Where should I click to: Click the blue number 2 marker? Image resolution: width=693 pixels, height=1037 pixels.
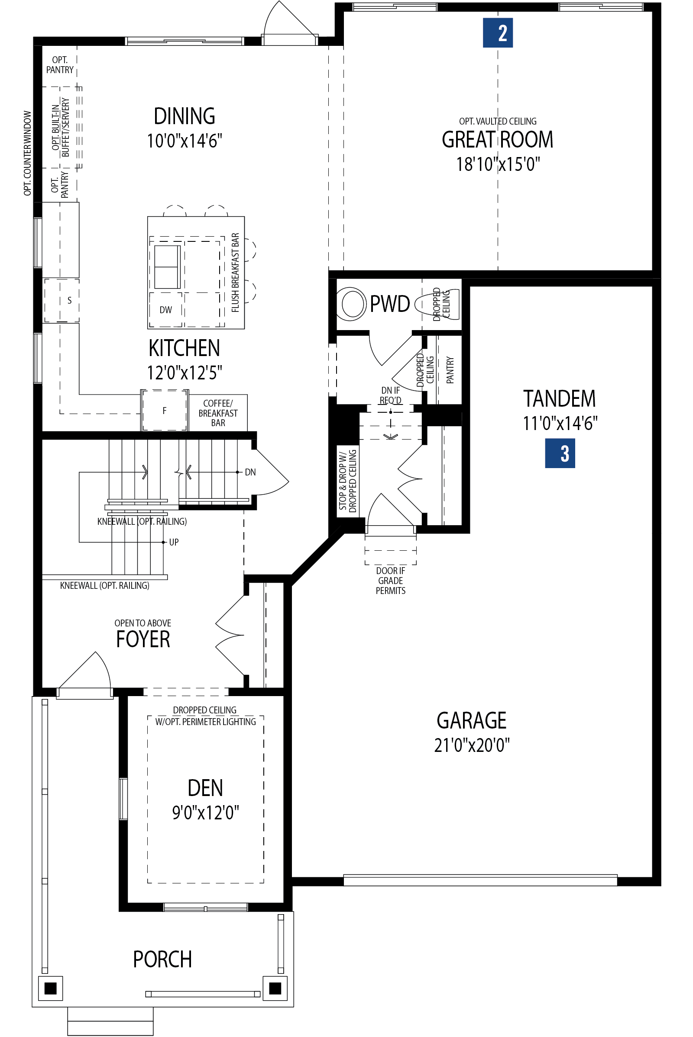click(x=498, y=33)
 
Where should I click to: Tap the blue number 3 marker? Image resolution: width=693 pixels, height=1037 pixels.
click(x=560, y=453)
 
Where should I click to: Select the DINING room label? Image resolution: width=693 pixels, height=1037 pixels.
click(x=185, y=116)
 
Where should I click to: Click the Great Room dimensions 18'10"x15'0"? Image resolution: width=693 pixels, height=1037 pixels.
click(x=498, y=164)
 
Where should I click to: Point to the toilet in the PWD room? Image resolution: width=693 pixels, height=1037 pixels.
click(x=352, y=303)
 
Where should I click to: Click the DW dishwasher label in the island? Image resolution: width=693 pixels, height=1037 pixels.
click(x=166, y=310)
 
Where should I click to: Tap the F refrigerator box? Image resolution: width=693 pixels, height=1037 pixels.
click(x=165, y=411)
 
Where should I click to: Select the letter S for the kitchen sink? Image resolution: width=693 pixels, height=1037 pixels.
click(x=69, y=301)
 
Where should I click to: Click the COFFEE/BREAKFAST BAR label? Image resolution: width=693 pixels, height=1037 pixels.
click(x=218, y=413)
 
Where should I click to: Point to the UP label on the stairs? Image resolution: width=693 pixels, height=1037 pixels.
click(x=174, y=542)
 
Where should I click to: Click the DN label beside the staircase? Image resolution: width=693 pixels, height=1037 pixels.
click(x=250, y=472)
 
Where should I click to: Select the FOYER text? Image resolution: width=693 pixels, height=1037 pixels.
click(x=143, y=639)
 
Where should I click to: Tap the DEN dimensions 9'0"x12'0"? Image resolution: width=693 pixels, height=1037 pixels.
click(x=205, y=812)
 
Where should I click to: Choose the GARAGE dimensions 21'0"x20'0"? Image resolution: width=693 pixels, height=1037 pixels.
click(x=472, y=745)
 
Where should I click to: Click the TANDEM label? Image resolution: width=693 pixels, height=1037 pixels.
click(x=560, y=398)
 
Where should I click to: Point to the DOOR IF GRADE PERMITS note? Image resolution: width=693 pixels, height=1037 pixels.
click(x=390, y=581)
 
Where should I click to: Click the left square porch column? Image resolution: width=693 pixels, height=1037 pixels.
click(x=50, y=988)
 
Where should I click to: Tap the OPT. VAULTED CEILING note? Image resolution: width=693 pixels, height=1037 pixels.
click(x=498, y=121)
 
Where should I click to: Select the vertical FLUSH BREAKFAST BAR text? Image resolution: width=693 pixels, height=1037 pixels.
click(x=235, y=273)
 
